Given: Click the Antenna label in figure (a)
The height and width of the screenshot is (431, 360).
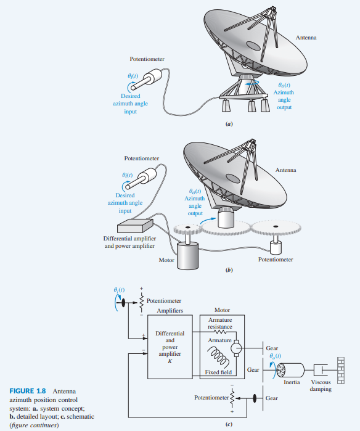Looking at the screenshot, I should tap(306, 38).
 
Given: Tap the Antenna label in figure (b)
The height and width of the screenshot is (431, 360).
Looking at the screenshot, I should tap(285, 170).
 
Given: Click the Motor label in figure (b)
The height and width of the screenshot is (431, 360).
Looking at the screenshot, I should tap(166, 260).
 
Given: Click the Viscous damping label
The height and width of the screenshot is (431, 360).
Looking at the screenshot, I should tap(321, 386).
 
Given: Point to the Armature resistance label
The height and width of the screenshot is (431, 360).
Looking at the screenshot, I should tap(220, 323).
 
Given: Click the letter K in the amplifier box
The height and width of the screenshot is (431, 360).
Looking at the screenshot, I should tap(170, 361).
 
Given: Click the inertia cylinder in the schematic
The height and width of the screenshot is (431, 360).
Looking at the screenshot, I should tap(290, 370).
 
